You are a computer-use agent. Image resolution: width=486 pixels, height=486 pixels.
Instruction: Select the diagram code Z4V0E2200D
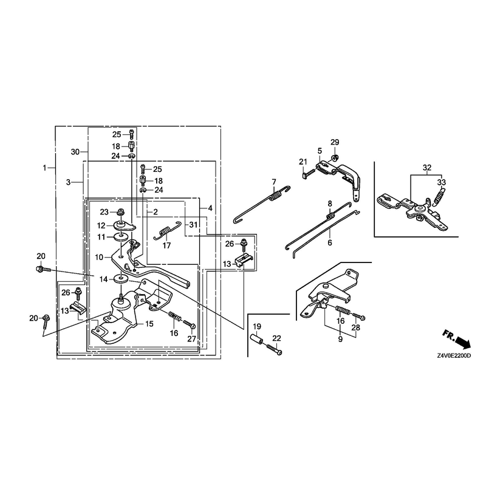(454, 355)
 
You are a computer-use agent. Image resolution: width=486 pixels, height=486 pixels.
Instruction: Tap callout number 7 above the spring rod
(274, 181)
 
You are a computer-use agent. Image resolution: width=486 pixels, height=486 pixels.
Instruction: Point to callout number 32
(427, 168)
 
